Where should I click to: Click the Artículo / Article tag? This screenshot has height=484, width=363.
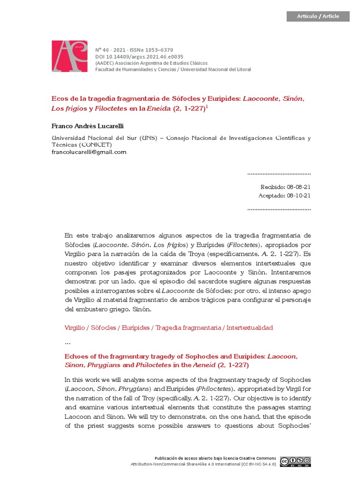coord(318,16)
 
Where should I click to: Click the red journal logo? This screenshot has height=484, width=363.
coord(69,56)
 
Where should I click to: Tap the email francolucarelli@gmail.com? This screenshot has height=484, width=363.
coord(88,152)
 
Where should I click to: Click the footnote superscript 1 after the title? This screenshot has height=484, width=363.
coord(207,106)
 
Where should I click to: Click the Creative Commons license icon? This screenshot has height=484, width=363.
coord(295,462)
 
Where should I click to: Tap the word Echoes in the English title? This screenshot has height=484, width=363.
coord(76,356)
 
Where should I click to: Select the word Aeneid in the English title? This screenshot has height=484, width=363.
coord(206,365)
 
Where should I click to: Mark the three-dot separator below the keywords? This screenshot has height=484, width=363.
coord(67,342)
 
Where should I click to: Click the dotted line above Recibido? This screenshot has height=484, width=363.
coord(279,174)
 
